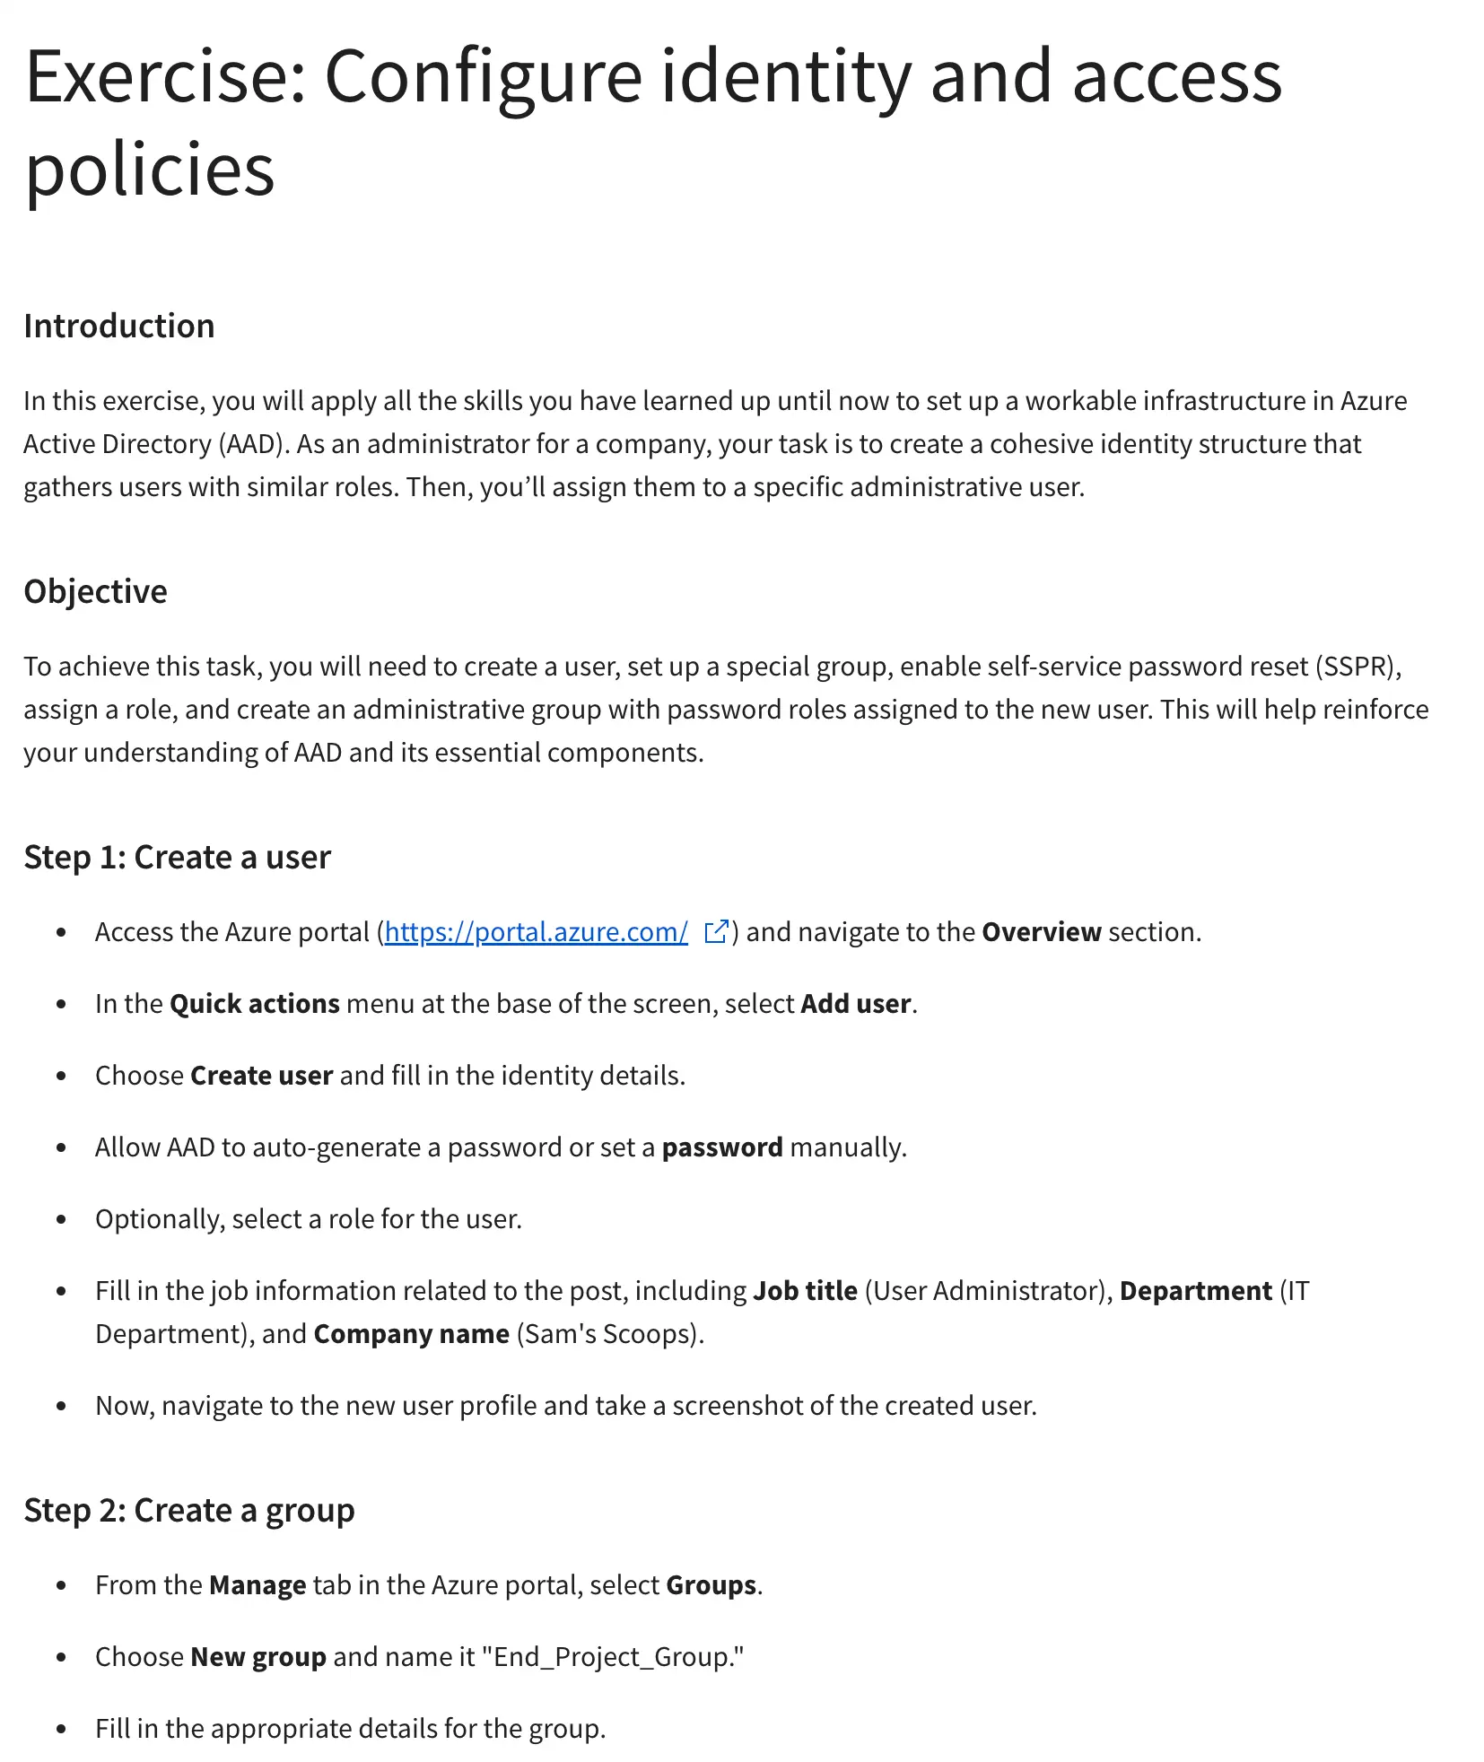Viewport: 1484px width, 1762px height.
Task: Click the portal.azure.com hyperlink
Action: pyautogui.click(x=536, y=932)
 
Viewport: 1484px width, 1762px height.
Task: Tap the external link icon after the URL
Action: pyautogui.click(x=716, y=932)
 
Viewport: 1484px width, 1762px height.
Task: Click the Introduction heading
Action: pyautogui.click(x=119, y=326)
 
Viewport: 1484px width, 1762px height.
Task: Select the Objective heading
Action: pyautogui.click(x=95, y=591)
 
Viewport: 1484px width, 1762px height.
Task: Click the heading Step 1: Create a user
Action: pyautogui.click(x=177, y=857)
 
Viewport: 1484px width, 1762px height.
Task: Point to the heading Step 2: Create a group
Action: pyautogui.click(x=188, y=1510)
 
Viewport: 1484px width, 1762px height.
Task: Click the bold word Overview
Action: pyautogui.click(x=1041, y=932)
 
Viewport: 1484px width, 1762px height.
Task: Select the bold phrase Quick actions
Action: pyautogui.click(x=255, y=1004)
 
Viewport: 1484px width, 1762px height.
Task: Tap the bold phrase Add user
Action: pyautogui.click(x=856, y=1004)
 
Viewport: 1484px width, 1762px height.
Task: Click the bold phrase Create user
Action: pyautogui.click(x=262, y=1076)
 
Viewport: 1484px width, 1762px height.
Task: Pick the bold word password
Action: pyautogui.click(x=722, y=1147)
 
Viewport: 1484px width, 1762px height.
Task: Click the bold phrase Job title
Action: pyautogui.click(x=805, y=1291)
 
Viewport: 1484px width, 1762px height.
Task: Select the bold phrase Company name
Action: pyautogui.click(x=411, y=1334)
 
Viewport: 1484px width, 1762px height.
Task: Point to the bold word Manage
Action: pyautogui.click(x=258, y=1585)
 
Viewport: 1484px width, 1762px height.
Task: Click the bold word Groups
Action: pyautogui.click(x=711, y=1585)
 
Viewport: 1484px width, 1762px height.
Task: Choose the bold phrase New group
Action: pyautogui.click(x=258, y=1657)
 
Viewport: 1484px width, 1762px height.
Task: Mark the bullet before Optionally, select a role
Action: pyautogui.click(x=61, y=1219)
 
